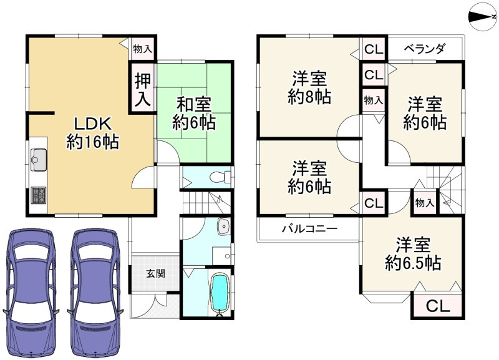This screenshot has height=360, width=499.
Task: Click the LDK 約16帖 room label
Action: [92, 132]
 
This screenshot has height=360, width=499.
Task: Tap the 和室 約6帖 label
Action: [194, 114]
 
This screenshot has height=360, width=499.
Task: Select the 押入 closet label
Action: [143, 90]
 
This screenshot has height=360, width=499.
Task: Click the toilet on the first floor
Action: [221, 177]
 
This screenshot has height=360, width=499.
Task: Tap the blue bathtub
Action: [220, 293]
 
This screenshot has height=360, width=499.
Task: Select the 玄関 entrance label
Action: [155, 273]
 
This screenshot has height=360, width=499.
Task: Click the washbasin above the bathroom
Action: [224, 226]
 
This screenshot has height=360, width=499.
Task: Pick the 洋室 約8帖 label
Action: [309, 87]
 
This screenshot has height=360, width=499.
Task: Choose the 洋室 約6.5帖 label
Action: [413, 254]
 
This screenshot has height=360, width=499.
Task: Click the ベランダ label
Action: [424, 49]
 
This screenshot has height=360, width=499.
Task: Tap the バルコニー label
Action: [310, 229]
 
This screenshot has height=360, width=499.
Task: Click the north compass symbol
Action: [483, 17]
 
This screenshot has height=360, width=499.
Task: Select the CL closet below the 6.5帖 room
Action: [438, 306]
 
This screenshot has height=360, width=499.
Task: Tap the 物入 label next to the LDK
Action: [143, 49]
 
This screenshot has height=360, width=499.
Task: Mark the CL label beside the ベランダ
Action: [374, 49]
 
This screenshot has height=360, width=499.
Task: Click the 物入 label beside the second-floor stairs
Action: [425, 202]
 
